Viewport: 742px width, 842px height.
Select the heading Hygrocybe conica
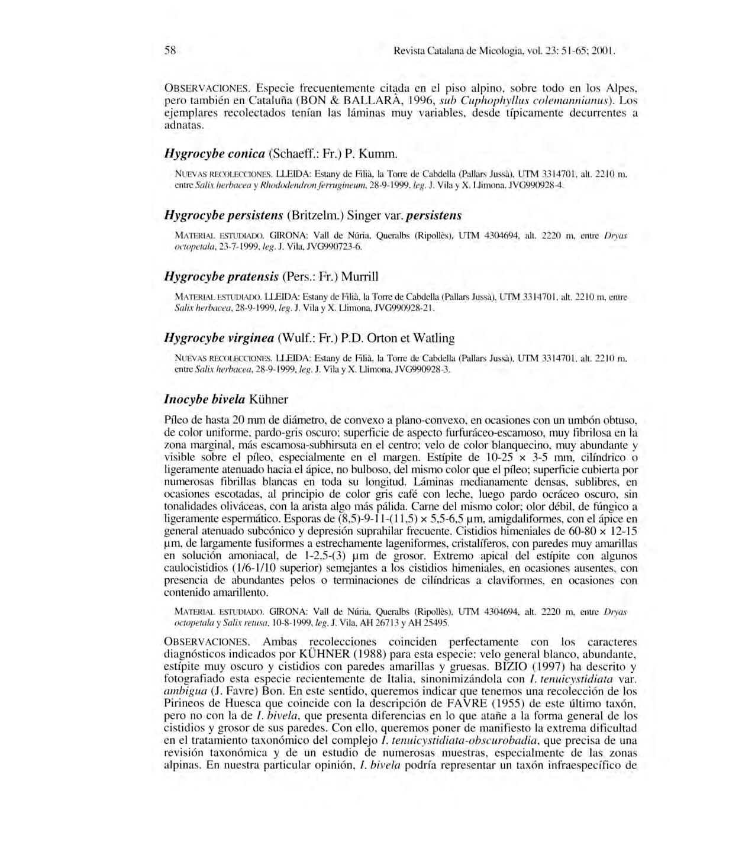pos(279,154)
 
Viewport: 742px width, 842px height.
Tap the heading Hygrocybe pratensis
pos(270,276)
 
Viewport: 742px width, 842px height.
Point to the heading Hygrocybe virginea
pos(309,338)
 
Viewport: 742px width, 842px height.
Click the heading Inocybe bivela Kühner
pos(225,399)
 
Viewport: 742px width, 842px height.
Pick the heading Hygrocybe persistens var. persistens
pos(312,215)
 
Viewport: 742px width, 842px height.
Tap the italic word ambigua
pos(183,691)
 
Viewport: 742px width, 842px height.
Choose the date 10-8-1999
pos(290,623)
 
